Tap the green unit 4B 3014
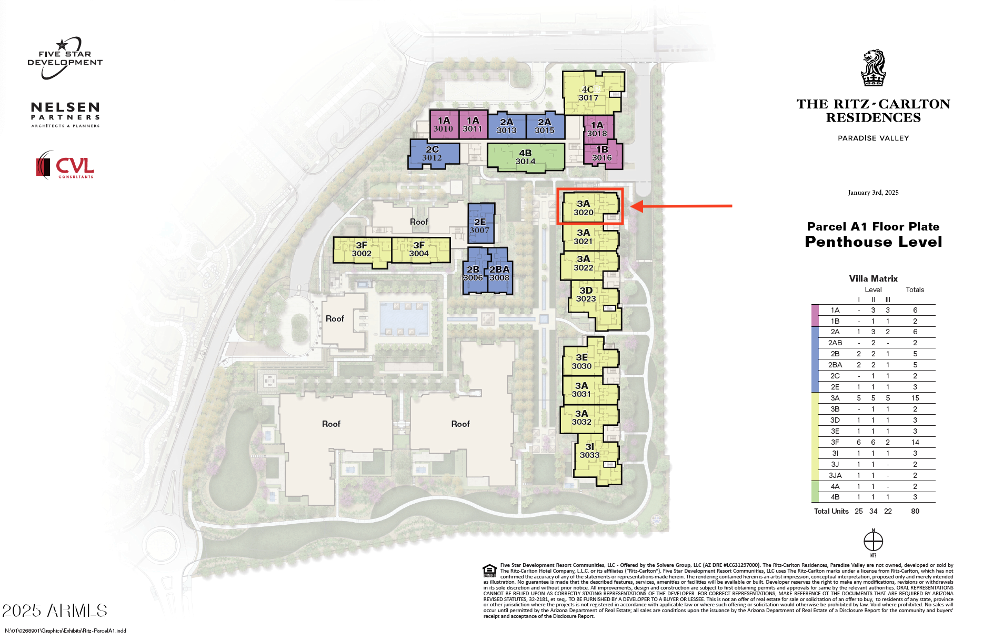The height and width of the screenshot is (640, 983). pyautogui.click(x=525, y=157)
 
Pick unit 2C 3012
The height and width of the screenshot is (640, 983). pyautogui.click(x=432, y=154)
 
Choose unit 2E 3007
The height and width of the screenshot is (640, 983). pyautogui.click(x=480, y=226)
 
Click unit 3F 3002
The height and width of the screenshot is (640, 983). pyautogui.click(x=362, y=250)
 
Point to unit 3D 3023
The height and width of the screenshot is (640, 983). pyautogui.click(x=586, y=295)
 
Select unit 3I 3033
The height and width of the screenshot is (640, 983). pyautogui.click(x=590, y=452)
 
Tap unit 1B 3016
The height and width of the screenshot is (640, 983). pyautogui.click(x=602, y=154)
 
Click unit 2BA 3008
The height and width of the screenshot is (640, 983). pyautogui.click(x=500, y=274)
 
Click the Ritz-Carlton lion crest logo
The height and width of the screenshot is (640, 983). pyautogui.click(x=874, y=68)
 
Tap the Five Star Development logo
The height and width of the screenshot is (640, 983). pyautogui.click(x=65, y=58)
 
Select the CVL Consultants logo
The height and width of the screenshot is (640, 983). pyautogui.click(x=65, y=165)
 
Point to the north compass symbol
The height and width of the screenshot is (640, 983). pyautogui.click(x=874, y=541)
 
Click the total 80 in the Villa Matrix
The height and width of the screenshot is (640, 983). pyautogui.click(x=915, y=511)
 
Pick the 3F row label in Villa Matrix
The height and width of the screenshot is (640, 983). pyautogui.click(x=835, y=442)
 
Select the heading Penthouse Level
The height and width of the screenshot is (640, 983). pyautogui.click(x=874, y=242)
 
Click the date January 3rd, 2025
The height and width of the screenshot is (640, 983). pyautogui.click(x=874, y=193)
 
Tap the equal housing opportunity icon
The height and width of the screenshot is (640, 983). pyautogui.click(x=489, y=571)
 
